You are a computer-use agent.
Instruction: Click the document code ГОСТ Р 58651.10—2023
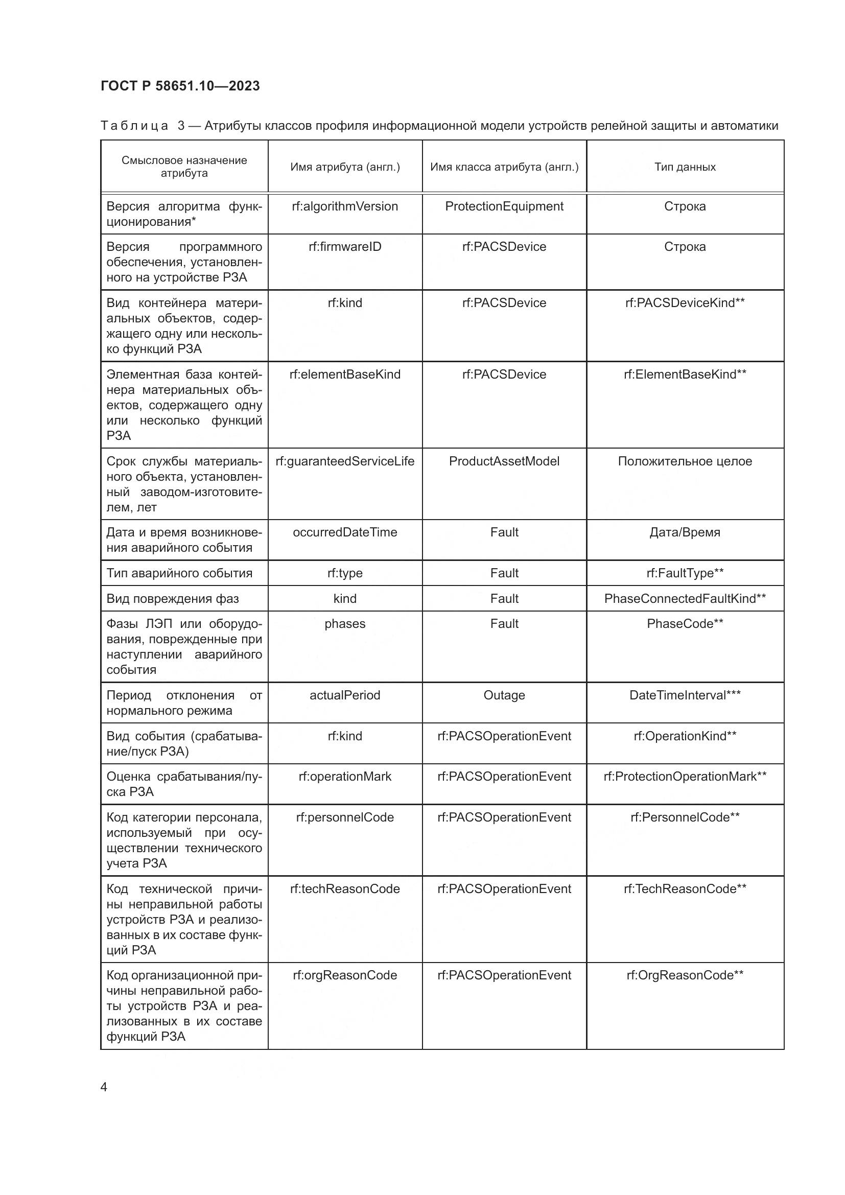180,86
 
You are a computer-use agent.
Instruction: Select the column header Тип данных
685,167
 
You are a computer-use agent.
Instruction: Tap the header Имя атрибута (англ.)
345,167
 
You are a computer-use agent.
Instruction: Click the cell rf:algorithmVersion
345,206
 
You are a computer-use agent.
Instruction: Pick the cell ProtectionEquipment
504,206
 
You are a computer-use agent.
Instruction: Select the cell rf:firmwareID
345,247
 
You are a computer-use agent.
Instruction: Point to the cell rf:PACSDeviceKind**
685,303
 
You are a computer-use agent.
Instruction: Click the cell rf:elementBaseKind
345,374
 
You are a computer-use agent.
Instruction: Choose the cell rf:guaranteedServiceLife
345,461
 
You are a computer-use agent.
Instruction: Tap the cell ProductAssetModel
504,461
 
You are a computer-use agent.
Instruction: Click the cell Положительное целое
685,461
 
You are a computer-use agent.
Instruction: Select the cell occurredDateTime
345,532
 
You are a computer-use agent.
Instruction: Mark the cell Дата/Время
685,532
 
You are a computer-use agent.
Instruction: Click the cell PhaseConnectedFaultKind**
685,599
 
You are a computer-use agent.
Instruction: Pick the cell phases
345,624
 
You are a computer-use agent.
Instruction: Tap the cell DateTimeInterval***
685,695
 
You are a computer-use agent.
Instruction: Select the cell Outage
504,695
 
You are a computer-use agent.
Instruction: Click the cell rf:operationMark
345,777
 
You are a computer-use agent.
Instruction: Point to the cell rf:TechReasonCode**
685,889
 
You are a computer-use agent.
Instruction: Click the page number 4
104,1087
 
